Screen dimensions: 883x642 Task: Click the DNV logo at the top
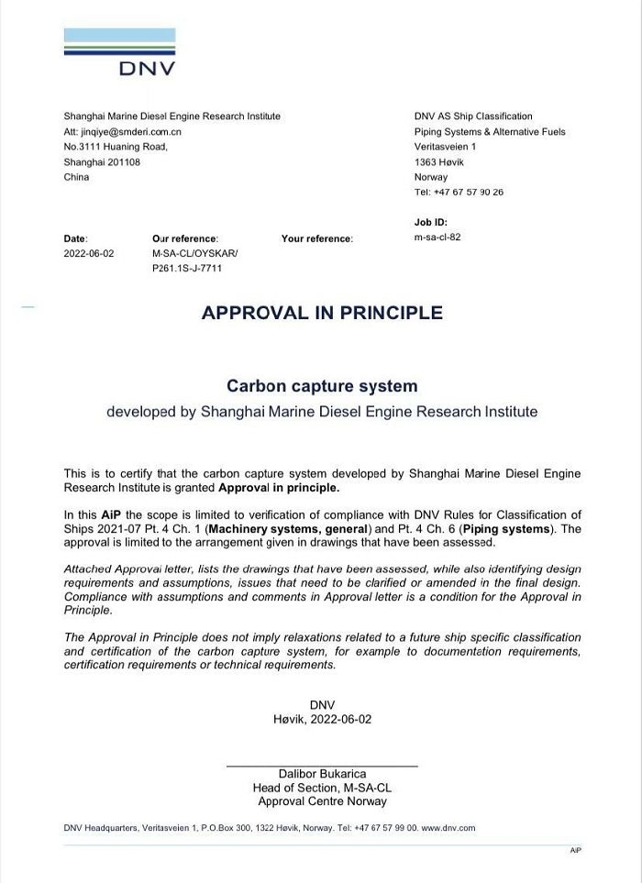pyautogui.click(x=119, y=52)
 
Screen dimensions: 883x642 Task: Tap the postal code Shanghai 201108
pyautogui.click(x=102, y=161)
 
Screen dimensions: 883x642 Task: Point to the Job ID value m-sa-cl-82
pyautogui.click(x=437, y=237)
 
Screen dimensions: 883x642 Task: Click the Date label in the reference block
pyautogui.click(x=75, y=238)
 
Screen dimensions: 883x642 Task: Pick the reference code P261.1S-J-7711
pyautogui.click(x=187, y=269)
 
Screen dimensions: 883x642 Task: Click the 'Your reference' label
pyautogui.click(x=316, y=238)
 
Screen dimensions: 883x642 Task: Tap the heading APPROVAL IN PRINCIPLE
pyautogui.click(x=322, y=313)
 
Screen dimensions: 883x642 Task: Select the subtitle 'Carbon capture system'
pyautogui.click(x=322, y=386)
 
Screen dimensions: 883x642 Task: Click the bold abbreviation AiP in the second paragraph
pyautogui.click(x=111, y=514)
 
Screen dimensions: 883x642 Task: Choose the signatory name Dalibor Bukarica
pyautogui.click(x=322, y=774)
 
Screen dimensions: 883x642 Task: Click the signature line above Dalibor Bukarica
pyautogui.click(x=322, y=765)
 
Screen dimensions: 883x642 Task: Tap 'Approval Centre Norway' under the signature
pyautogui.click(x=322, y=801)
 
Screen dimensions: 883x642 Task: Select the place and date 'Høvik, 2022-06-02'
pyautogui.click(x=322, y=720)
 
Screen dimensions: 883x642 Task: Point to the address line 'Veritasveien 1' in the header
pyautogui.click(x=445, y=147)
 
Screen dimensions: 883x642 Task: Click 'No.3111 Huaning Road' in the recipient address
pyautogui.click(x=116, y=147)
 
